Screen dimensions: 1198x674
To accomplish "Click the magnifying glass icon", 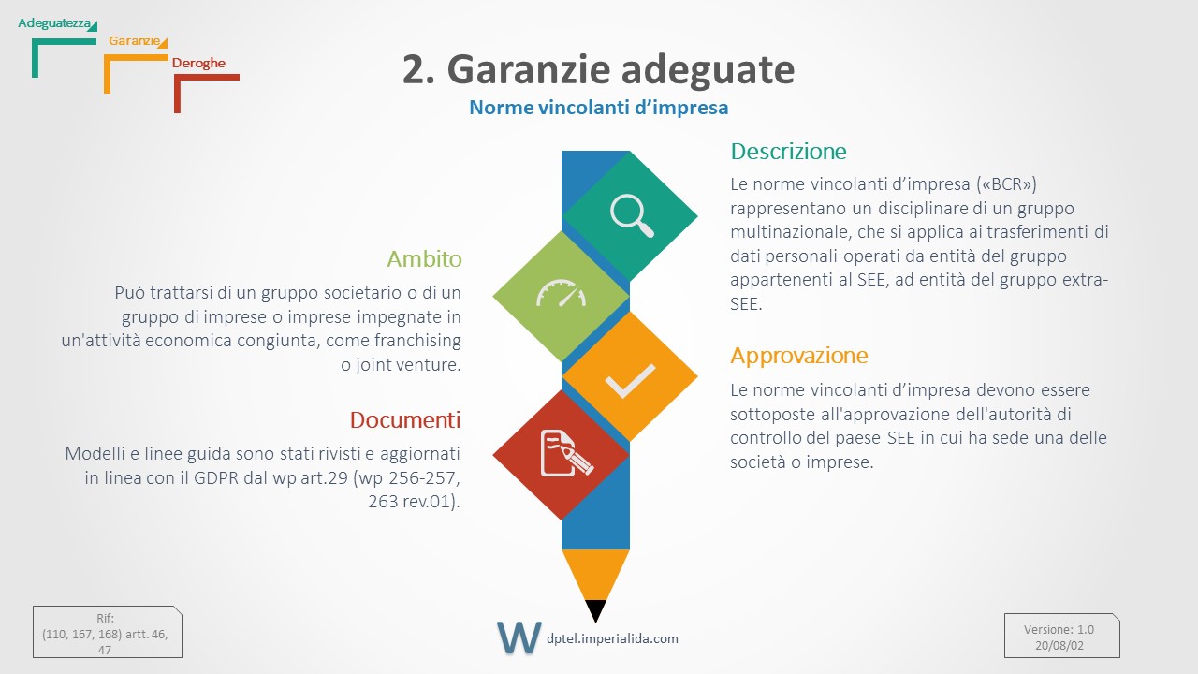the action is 632,215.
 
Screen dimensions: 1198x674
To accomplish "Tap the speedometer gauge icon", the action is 561,293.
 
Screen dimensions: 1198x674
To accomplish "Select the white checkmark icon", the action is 630,380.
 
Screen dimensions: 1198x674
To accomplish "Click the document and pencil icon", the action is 566,453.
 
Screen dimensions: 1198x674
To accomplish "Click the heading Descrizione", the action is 788,152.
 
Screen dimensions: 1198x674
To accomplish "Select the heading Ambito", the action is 424,259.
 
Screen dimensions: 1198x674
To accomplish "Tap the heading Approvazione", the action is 799,355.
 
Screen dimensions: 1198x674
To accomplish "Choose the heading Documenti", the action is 405,420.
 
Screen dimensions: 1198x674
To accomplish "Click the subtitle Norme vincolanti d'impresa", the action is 598,108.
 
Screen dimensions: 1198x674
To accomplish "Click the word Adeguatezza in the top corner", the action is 54,23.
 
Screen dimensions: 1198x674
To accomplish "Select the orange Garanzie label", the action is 134,40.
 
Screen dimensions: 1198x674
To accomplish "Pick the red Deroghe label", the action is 198,63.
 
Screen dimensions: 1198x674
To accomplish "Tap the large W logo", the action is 519,637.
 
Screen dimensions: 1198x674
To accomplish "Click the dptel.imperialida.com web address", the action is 612,638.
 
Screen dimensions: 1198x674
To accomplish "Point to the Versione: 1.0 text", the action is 1059,630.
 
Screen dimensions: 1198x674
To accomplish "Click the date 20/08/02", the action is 1059,646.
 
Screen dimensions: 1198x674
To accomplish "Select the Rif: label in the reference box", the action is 106,619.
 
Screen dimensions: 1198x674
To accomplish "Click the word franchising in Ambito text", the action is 417,341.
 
